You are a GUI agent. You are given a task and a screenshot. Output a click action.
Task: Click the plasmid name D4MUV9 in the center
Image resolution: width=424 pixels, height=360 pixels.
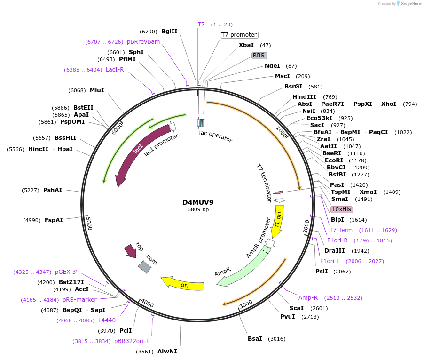tap(198, 202)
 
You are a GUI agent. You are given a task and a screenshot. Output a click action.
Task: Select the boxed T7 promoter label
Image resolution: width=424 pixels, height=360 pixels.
tap(239, 35)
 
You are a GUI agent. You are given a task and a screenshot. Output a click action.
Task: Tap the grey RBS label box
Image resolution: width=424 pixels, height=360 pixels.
tap(259, 56)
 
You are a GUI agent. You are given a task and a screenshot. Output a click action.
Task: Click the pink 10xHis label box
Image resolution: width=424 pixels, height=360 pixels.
tap(341, 209)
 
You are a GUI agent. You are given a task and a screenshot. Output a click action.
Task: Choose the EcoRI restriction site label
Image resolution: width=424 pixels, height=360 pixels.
tap(334, 160)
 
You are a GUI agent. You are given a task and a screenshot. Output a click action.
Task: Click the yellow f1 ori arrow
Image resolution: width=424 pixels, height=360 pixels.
tap(279, 221)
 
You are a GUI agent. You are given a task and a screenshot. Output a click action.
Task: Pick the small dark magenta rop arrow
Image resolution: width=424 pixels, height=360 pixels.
tap(130, 251)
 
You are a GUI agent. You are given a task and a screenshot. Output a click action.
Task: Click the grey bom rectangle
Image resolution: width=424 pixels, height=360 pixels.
tap(144, 267)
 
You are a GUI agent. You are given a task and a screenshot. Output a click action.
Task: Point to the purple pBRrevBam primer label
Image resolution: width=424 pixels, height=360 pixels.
tap(143, 42)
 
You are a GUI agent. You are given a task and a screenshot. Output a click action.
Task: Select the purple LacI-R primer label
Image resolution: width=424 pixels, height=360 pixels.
tap(115, 70)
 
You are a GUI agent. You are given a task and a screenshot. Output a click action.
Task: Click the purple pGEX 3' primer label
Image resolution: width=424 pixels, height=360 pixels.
tap(66, 272)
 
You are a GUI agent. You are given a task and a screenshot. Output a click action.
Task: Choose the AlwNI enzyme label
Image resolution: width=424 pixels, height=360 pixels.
tap(167, 352)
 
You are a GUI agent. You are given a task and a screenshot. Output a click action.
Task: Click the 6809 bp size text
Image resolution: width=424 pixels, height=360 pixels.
tap(198, 210)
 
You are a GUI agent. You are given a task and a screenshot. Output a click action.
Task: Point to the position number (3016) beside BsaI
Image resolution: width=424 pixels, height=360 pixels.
tap(276, 339)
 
